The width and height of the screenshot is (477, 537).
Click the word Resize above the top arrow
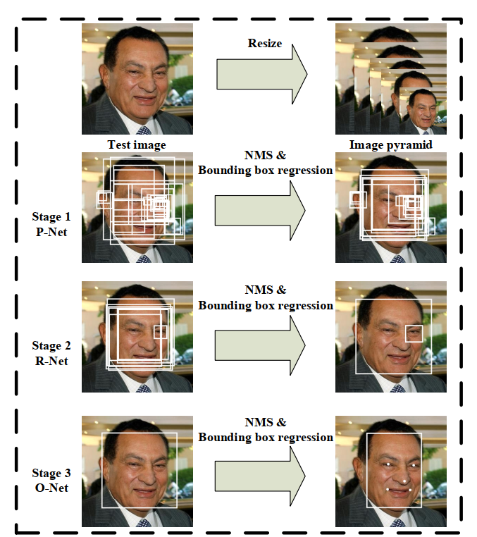[265, 44]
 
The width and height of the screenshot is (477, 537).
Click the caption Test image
[137, 145]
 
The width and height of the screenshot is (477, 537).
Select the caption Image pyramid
[390, 145]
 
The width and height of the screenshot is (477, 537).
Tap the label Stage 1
[51, 216]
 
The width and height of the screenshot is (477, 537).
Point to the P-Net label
[51, 230]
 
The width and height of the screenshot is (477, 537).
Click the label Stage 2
[51, 345]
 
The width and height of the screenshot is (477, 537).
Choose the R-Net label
[51, 361]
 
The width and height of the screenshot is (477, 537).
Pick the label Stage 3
[51, 473]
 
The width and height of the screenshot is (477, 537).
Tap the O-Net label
[51, 488]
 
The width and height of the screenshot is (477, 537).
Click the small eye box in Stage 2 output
[414, 333]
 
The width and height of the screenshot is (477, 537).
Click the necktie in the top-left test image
[144, 130]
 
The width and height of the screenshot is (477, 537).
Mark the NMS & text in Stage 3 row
[265, 423]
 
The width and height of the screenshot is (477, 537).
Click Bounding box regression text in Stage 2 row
[265, 306]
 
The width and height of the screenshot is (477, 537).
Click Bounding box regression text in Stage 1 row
[265, 170]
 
